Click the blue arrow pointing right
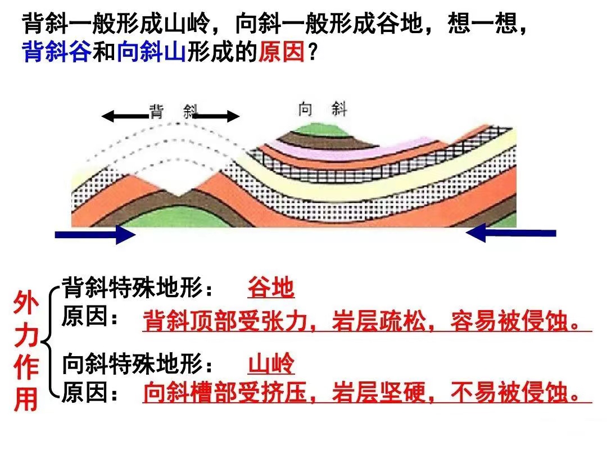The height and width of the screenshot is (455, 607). click(95, 234)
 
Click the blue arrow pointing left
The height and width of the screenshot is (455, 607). click(510, 233)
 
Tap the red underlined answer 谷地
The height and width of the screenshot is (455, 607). click(271, 288)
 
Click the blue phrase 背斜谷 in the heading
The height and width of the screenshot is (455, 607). click(57, 52)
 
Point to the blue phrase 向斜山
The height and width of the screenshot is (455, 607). click(151, 52)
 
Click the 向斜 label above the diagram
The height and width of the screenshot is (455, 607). click(323, 110)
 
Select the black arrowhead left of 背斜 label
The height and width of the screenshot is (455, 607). click(108, 116)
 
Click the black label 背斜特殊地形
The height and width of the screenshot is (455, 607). click(132, 288)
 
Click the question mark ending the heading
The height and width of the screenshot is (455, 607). click(312, 52)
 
